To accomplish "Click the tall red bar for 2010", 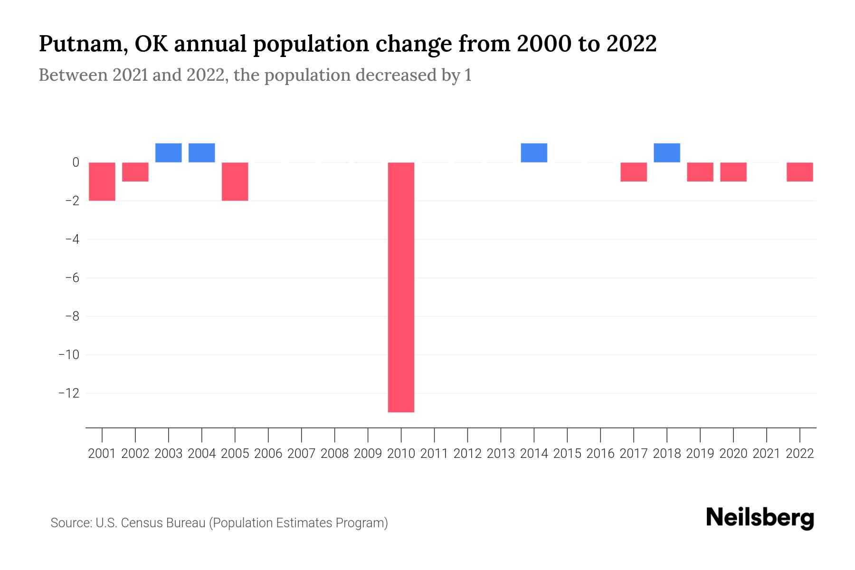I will (401, 287).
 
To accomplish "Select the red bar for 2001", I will (102, 181).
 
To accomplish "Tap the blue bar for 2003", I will (169, 152).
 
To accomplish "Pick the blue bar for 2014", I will (534, 152).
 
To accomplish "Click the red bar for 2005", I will (235, 181).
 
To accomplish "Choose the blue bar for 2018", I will (667, 152).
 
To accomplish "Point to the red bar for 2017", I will (634, 172).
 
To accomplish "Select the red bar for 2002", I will (135, 172).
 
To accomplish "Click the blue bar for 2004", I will (202, 152).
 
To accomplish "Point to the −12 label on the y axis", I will (69, 393).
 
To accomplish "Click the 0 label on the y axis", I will (76, 162).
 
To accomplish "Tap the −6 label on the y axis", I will (72, 278).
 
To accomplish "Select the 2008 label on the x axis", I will (334, 454).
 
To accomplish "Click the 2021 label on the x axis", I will (766, 454).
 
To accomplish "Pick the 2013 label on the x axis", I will (501, 454).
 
